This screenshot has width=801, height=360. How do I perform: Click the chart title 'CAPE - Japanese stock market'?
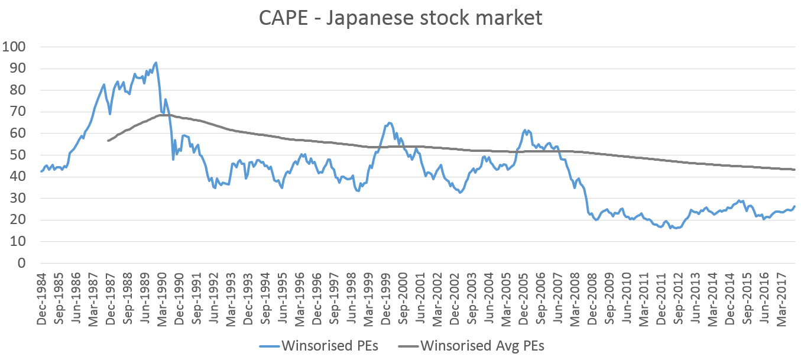click(400, 18)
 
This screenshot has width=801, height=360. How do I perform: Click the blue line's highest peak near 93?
click(155, 62)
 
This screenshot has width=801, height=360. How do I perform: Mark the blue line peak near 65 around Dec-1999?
click(389, 123)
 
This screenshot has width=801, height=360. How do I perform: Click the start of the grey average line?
click(108, 141)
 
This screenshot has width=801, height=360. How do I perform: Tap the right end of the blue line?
click(794, 206)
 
